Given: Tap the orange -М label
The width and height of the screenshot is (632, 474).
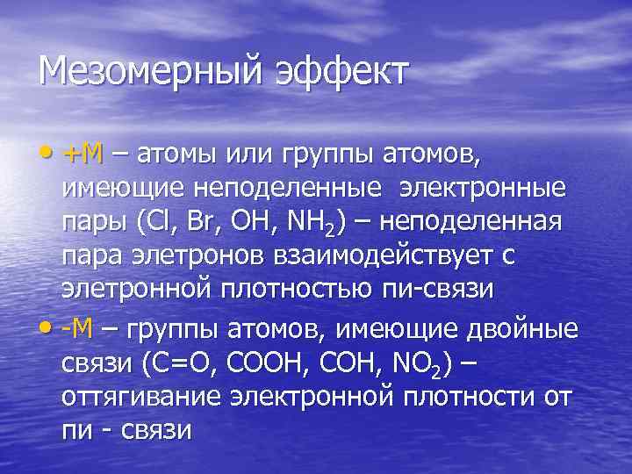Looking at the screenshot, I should point(78,329).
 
